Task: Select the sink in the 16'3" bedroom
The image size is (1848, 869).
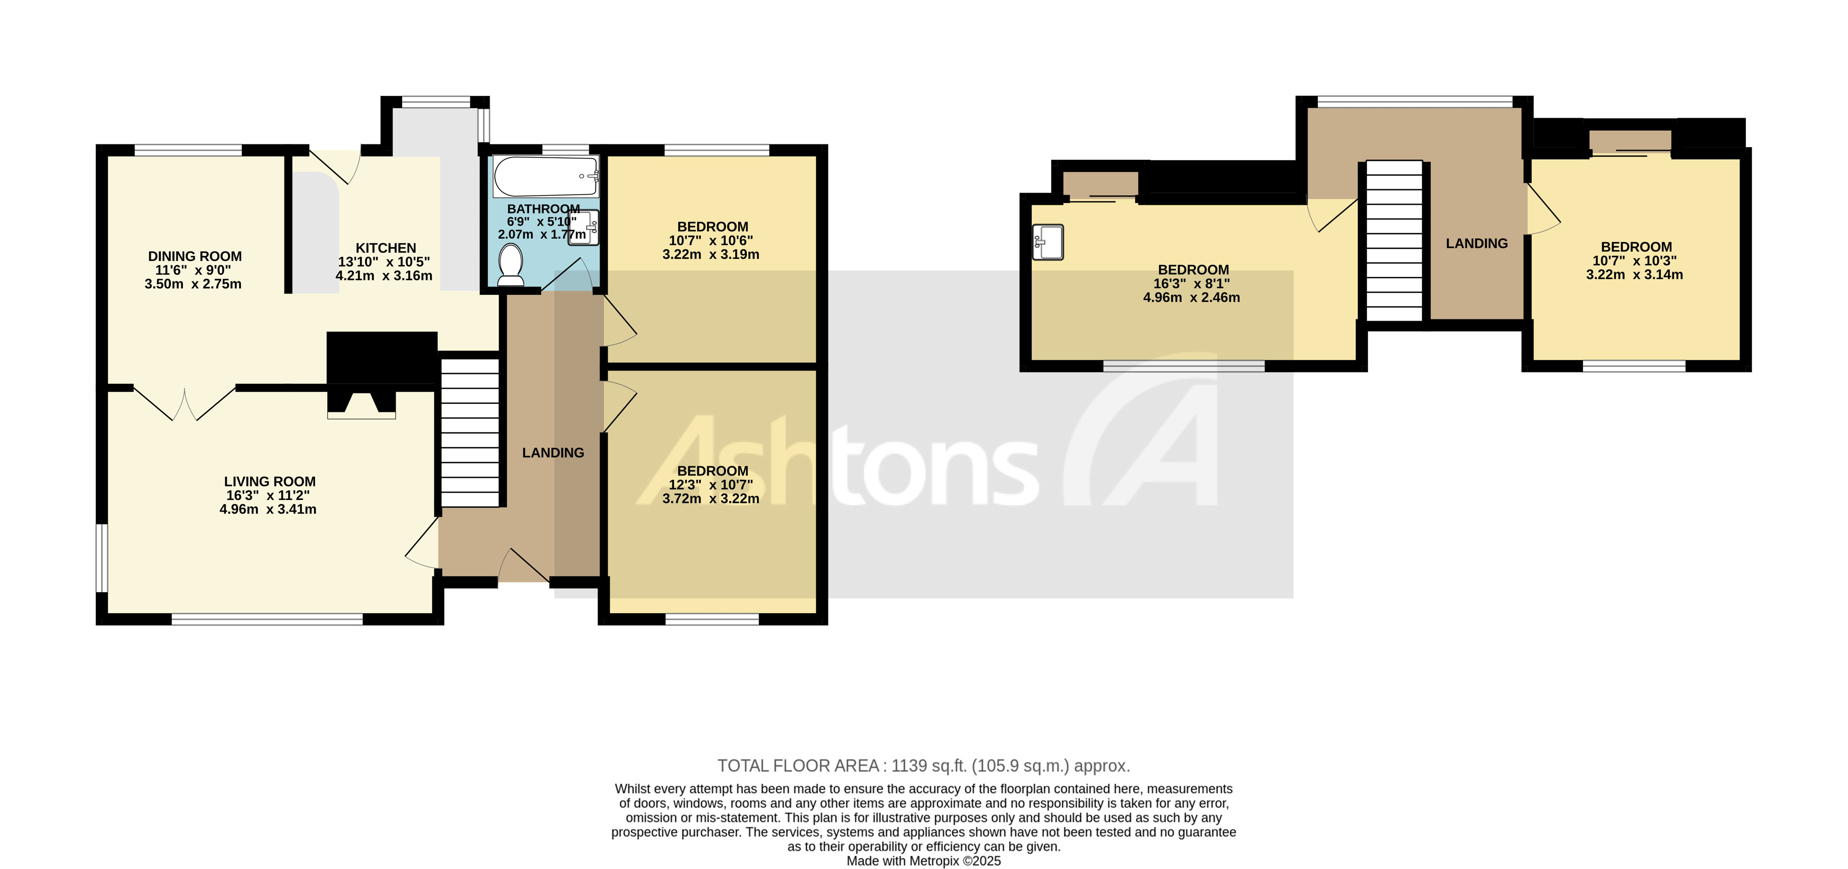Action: click(1048, 242)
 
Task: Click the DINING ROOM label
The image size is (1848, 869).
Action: click(194, 256)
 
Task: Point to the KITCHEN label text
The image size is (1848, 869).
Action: click(385, 247)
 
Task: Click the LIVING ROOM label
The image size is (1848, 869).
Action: click(269, 481)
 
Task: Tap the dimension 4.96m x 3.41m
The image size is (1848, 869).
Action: click(268, 509)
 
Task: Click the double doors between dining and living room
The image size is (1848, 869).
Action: click(184, 403)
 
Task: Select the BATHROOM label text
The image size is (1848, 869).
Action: click(543, 209)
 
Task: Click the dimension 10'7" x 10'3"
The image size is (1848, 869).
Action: click(1634, 261)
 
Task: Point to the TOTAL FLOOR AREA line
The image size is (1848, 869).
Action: click(923, 766)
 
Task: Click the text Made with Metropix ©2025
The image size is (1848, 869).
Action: click(923, 861)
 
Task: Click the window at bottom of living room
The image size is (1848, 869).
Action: click(267, 619)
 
